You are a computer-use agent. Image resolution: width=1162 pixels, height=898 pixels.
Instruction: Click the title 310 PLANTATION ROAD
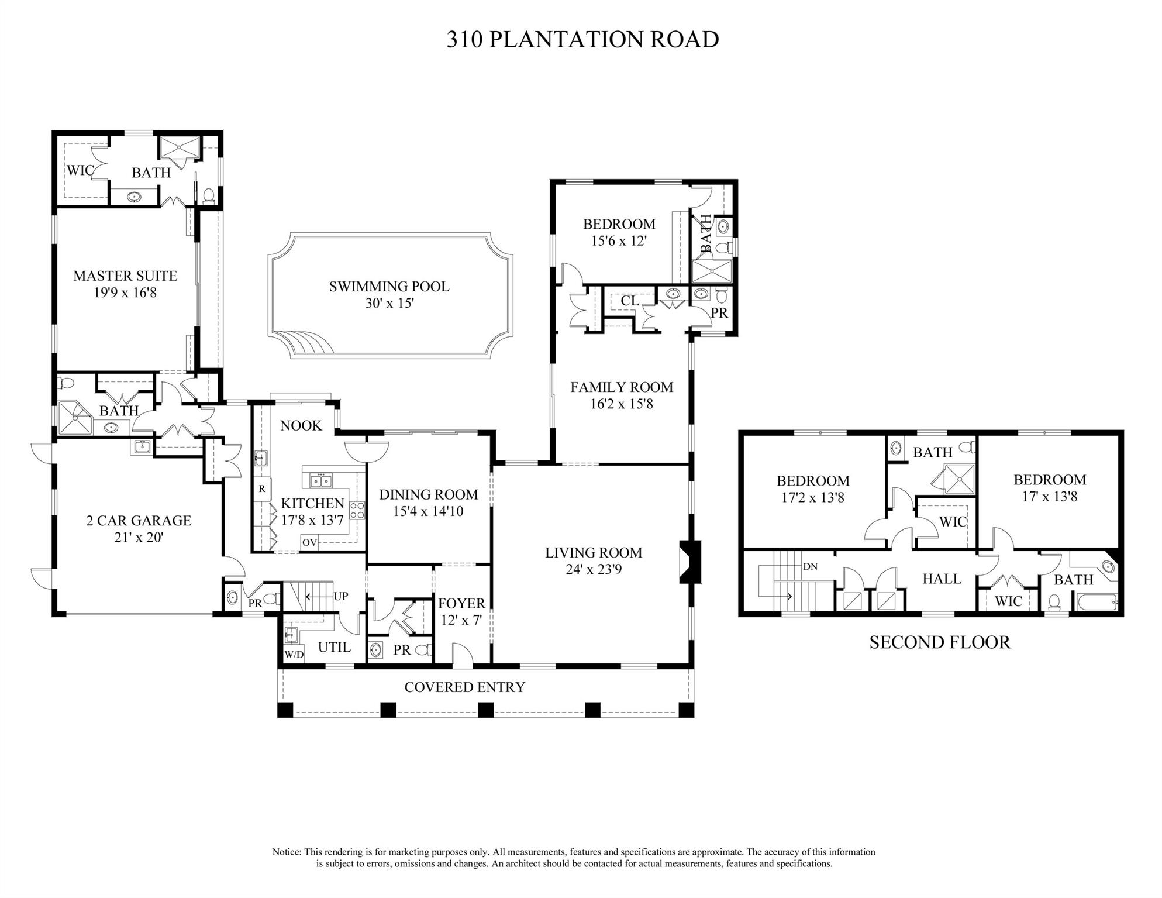click(x=582, y=39)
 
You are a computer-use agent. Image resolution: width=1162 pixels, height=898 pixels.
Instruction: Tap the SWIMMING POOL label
click(x=389, y=286)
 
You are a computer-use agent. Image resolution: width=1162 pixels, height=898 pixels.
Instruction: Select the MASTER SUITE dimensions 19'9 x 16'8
click(x=125, y=293)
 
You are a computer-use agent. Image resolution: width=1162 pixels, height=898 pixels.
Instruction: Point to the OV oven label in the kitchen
click(x=309, y=542)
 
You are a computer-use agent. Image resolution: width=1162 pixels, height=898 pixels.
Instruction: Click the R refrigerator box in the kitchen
click(x=262, y=488)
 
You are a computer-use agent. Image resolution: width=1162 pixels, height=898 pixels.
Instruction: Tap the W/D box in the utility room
click(x=294, y=654)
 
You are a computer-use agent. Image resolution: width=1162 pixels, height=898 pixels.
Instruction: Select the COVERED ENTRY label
click(x=465, y=687)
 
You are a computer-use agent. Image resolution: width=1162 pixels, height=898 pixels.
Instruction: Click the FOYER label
click(x=461, y=603)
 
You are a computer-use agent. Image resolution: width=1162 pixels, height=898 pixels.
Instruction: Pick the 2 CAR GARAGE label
click(x=139, y=520)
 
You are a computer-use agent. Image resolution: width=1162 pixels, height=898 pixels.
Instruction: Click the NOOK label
click(x=301, y=425)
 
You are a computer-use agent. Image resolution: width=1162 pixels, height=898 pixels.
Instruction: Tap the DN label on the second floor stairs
click(x=810, y=566)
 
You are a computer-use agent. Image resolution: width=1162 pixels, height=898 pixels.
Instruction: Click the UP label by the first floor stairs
click(x=341, y=596)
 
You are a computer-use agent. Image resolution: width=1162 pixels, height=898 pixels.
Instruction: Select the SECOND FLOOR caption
click(x=940, y=642)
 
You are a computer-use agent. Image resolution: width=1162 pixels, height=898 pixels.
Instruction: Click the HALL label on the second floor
click(x=942, y=579)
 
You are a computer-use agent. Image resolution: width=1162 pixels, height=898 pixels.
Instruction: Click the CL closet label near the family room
click(x=630, y=301)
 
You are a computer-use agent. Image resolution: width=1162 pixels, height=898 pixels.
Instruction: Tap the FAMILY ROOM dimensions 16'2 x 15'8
click(x=621, y=404)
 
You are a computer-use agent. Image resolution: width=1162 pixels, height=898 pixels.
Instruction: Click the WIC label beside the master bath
click(x=80, y=171)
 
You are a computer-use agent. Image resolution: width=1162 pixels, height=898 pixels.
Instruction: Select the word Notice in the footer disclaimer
click(x=287, y=852)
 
